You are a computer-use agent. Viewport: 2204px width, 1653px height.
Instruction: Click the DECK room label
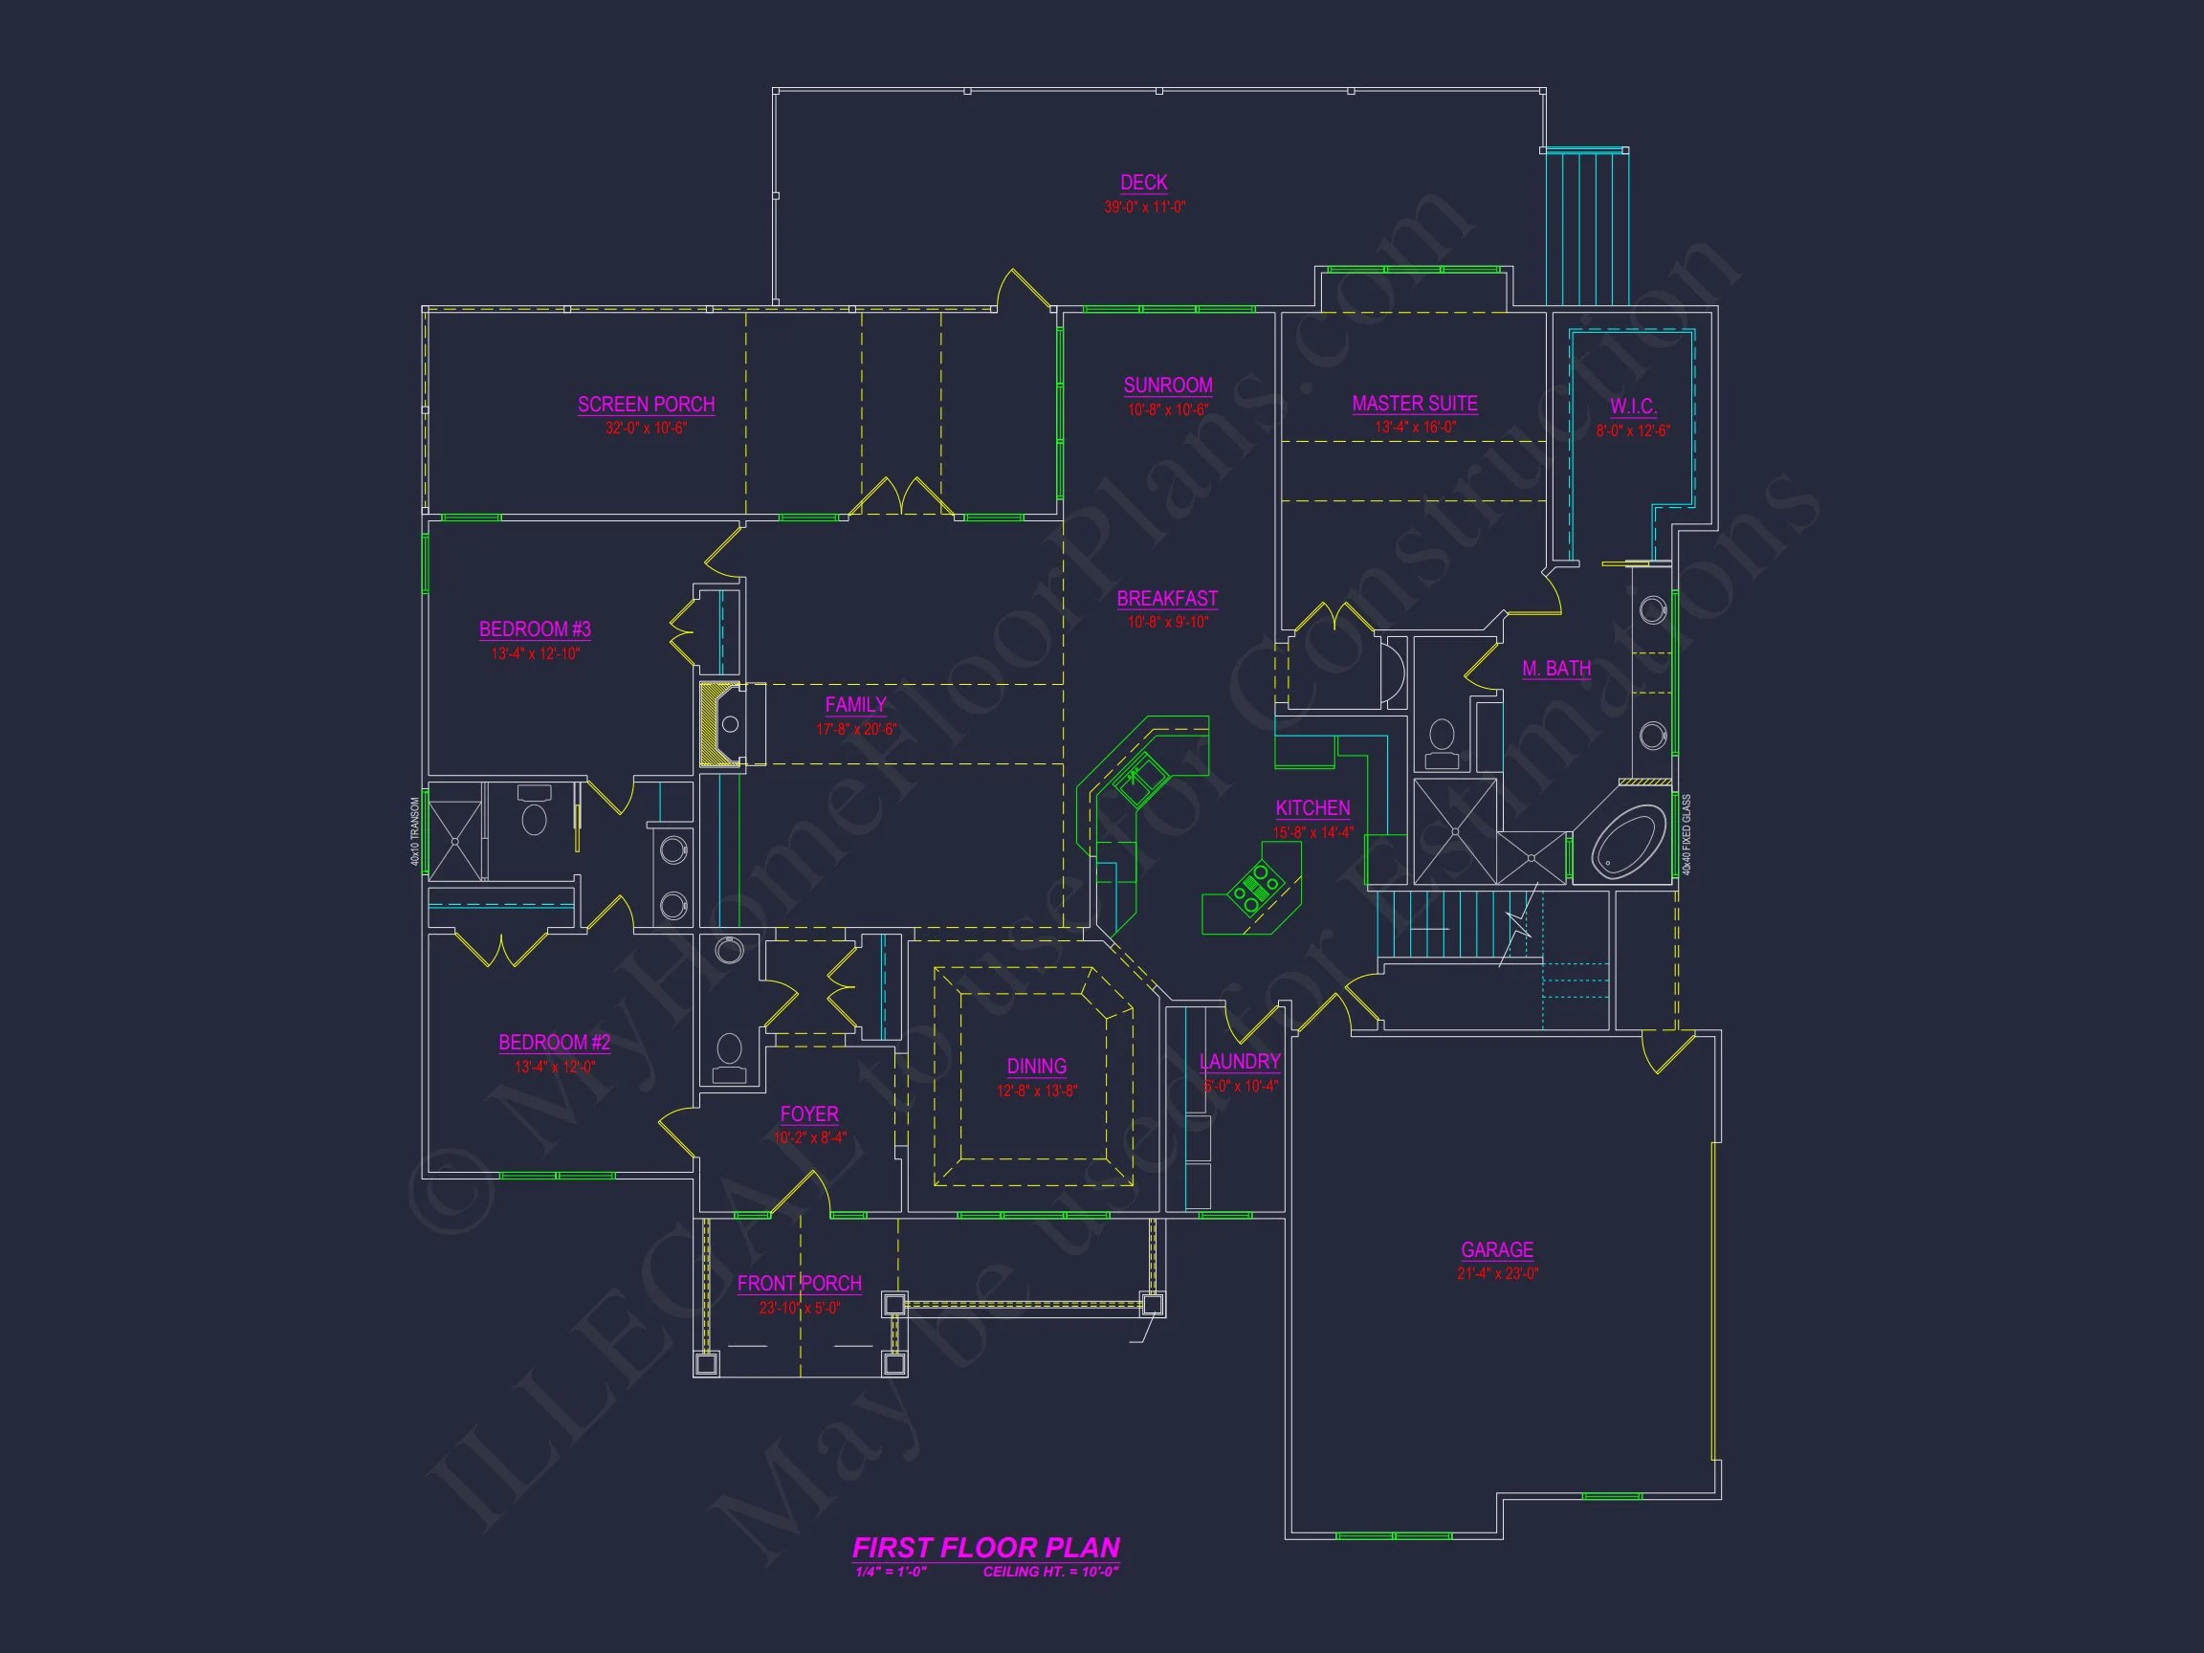click(x=1144, y=183)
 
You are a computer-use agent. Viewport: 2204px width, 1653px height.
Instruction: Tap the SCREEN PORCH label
click(x=646, y=405)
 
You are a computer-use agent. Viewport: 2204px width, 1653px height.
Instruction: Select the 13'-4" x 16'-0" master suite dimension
click(x=1415, y=428)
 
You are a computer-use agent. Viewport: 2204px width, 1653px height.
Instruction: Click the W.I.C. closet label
click(x=1633, y=407)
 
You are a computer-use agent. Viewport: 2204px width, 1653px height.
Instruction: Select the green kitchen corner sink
click(x=1141, y=782)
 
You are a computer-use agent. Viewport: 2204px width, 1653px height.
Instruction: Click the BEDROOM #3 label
click(x=535, y=629)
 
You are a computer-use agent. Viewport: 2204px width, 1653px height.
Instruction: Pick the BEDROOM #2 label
click(x=554, y=1043)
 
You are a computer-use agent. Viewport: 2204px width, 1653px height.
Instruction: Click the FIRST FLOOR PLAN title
click(x=985, y=1548)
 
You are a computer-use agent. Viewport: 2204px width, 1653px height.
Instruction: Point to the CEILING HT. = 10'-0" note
click(x=1050, y=1573)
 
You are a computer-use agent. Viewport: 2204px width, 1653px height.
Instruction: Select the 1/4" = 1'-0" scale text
click(x=891, y=1573)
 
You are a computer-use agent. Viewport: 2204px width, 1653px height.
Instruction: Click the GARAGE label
click(x=1496, y=1249)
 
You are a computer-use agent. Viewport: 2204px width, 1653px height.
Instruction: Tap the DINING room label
click(x=1036, y=1067)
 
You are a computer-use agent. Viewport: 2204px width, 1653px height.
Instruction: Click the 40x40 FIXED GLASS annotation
click(x=1686, y=835)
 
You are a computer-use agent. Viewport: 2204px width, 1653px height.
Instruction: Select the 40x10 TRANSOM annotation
click(x=415, y=831)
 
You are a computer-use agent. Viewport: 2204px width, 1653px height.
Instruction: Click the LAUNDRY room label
click(x=1240, y=1062)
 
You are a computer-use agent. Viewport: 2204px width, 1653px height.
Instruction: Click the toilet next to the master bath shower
click(x=1442, y=743)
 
